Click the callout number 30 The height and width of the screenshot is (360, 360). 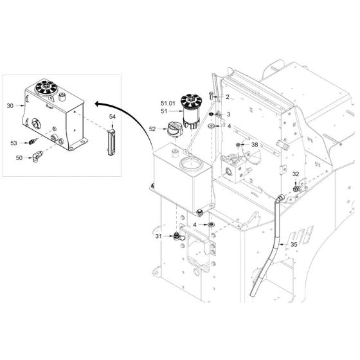point(10,106)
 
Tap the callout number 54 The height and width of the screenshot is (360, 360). point(113,117)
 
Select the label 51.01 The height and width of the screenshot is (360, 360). point(168,104)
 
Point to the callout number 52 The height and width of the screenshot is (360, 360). point(152,129)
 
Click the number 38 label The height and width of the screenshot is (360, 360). point(255,145)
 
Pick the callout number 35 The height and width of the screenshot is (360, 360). point(294,245)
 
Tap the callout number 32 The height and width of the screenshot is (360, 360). point(296,174)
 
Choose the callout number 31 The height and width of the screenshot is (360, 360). point(159,236)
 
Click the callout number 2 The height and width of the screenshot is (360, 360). point(228,97)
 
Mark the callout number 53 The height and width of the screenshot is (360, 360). point(14,143)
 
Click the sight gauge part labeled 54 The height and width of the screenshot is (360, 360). point(111,142)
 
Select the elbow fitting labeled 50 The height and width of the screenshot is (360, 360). point(37,156)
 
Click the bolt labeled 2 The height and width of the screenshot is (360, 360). point(212,95)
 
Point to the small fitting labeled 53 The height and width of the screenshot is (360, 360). point(33,141)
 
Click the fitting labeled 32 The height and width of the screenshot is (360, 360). point(296,189)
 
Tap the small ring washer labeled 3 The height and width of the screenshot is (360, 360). point(212,114)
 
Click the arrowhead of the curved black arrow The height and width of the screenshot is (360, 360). point(97,104)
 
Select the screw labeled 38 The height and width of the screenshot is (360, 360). point(238,145)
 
